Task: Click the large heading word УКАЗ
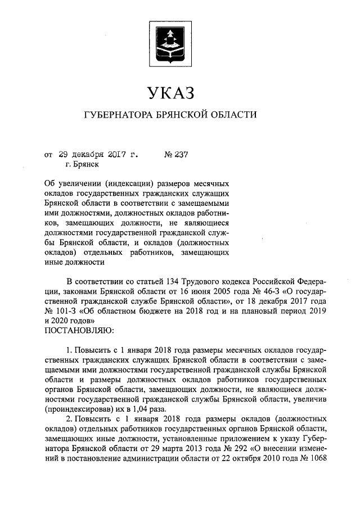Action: (x=170, y=92)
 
